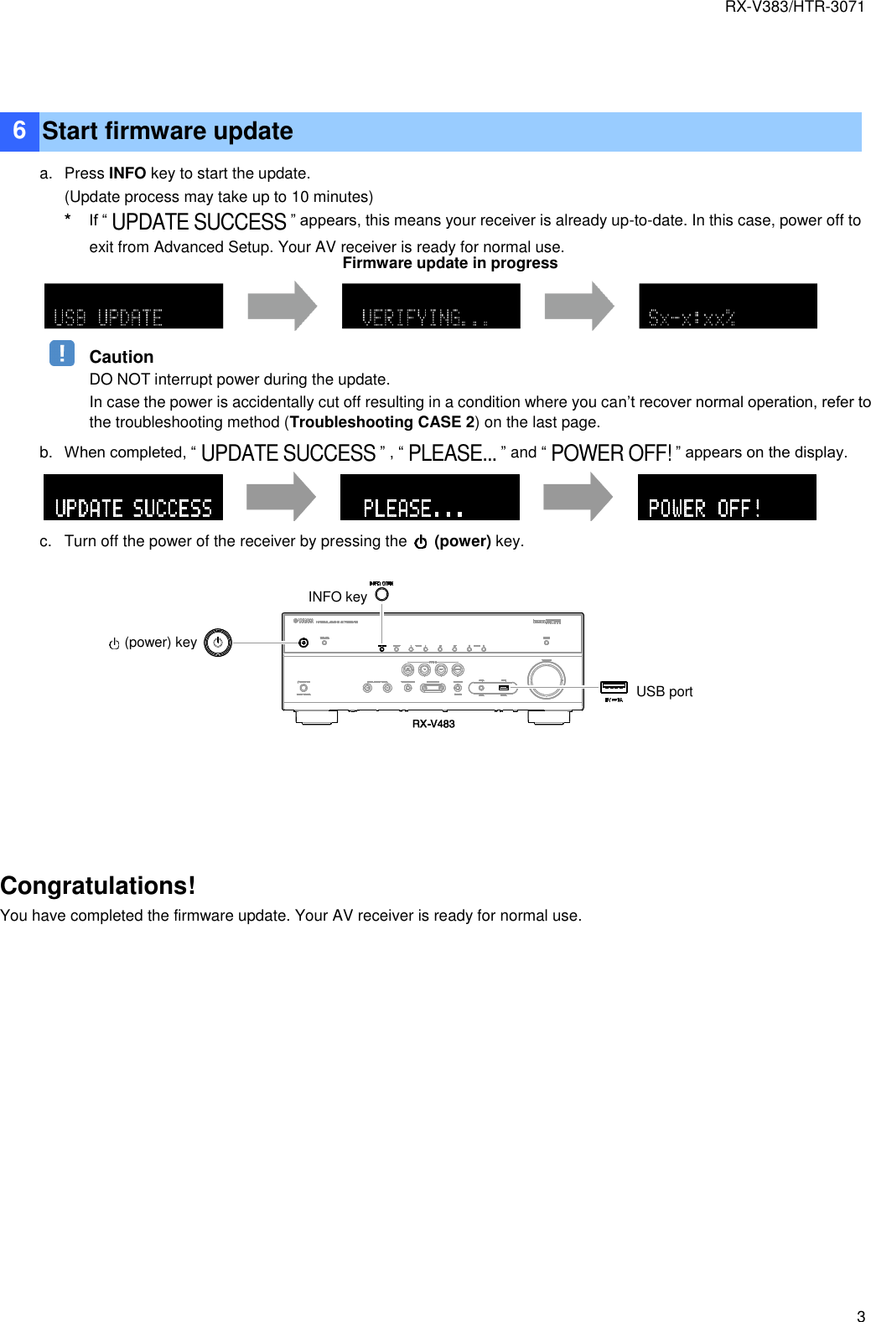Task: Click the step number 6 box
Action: tap(19, 132)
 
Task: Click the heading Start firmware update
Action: tap(168, 132)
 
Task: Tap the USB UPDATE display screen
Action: tap(133, 306)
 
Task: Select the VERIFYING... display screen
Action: tap(431, 306)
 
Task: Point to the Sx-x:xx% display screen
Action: tap(728, 306)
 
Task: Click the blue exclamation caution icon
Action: tap(62, 353)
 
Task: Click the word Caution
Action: tap(122, 357)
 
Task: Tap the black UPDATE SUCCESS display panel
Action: tap(133, 497)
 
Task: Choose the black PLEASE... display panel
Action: tap(429, 497)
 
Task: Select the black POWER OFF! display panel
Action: tap(727, 497)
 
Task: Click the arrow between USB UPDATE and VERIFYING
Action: tap(283, 306)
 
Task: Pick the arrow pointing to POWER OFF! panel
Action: tap(578, 496)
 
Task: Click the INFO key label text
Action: tap(337, 596)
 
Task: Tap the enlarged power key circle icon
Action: tap(217, 643)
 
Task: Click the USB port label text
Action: tap(664, 691)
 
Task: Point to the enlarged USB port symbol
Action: tap(614, 688)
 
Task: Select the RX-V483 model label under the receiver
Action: tap(433, 724)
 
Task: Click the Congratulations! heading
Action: tap(98, 886)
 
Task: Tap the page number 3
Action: tap(860, 1315)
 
